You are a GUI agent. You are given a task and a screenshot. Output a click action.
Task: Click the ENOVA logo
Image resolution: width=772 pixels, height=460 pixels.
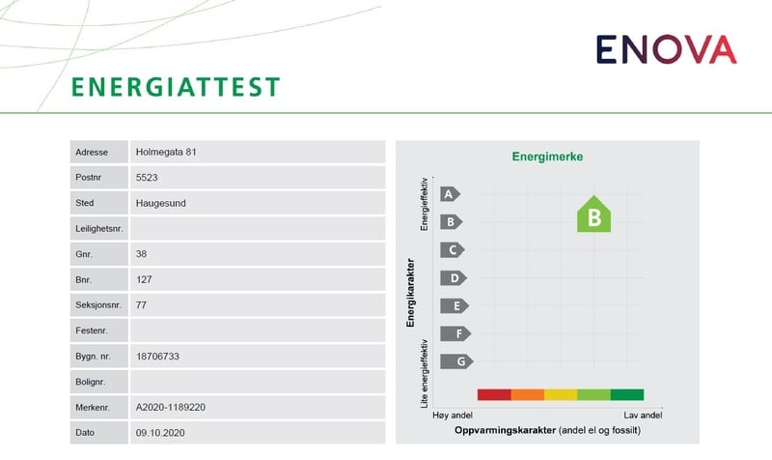[665, 48]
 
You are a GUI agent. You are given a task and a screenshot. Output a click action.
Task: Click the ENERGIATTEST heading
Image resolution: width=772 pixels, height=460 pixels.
[176, 86]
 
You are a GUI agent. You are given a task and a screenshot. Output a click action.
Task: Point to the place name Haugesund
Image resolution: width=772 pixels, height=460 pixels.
[161, 204]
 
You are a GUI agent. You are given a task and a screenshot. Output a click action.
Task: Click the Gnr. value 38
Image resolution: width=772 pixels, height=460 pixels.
[143, 254]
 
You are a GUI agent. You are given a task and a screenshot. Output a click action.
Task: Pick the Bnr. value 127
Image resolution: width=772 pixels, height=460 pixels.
[146, 280]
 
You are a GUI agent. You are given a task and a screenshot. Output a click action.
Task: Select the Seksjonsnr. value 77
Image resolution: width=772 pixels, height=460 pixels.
[143, 305]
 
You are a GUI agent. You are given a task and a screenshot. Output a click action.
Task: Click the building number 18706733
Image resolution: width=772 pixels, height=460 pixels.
[159, 357]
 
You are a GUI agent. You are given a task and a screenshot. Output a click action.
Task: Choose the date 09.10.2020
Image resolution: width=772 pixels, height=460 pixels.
[160, 433]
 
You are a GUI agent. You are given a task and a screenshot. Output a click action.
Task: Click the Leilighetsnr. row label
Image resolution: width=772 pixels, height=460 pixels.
[99, 229]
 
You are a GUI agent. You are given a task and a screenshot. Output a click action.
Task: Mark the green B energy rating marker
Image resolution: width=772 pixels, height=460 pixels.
[594, 216]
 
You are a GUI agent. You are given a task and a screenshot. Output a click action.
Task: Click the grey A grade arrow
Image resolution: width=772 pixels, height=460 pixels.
[450, 193]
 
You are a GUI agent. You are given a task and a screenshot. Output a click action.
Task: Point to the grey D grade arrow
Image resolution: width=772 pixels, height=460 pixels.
[452, 278]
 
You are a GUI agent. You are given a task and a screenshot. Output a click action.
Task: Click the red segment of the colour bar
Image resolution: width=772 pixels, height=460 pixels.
[493, 394]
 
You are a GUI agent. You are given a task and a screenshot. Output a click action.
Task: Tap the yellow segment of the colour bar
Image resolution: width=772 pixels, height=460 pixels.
[561, 394]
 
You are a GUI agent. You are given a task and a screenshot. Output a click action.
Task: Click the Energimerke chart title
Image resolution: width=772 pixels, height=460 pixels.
[547, 157]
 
